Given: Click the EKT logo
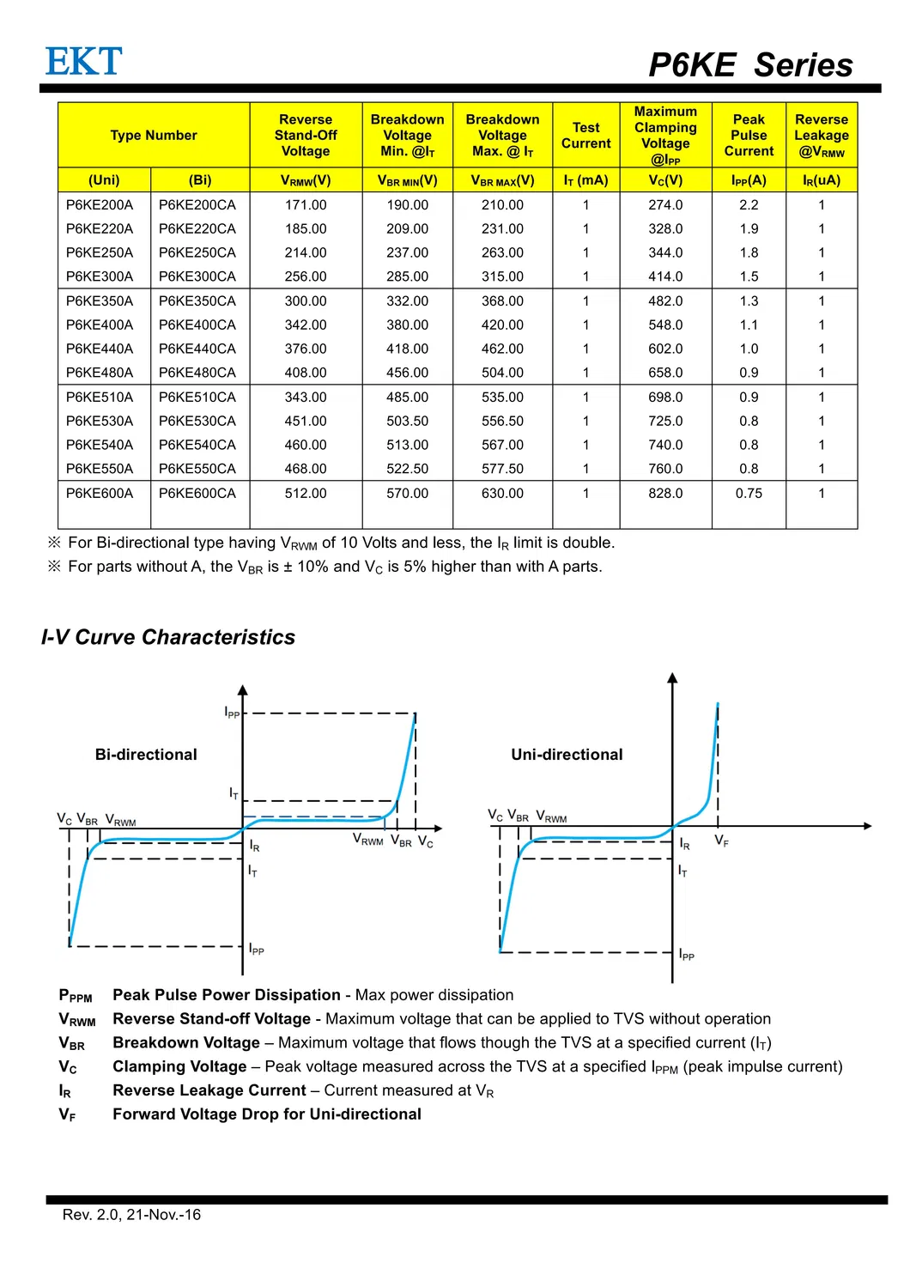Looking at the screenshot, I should pyautogui.click(x=83, y=62).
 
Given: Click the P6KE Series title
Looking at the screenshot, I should pyautogui.click(x=749, y=65).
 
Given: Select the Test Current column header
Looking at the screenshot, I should pyautogui.click(x=585, y=136).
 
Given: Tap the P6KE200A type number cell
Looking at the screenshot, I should pyautogui.click(x=100, y=205).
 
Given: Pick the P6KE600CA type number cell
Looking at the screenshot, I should pyautogui.click(x=197, y=494).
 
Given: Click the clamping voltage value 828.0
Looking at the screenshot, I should pyautogui.click(x=665, y=494).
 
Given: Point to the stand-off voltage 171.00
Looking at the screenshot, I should pyautogui.click(x=306, y=205).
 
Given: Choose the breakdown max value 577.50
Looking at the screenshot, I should pyautogui.click(x=502, y=469).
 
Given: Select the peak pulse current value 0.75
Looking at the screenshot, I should pyautogui.click(x=749, y=494).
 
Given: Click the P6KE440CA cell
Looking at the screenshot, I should pyautogui.click(x=197, y=349).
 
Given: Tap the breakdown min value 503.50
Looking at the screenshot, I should pyautogui.click(x=407, y=421).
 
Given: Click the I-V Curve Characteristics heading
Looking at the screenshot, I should pyautogui.click(x=168, y=637).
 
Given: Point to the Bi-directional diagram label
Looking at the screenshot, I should pyautogui.click(x=146, y=755).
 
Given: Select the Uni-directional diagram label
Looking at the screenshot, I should pyautogui.click(x=567, y=755).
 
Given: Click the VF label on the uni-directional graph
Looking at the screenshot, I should pyautogui.click(x=721, y=841).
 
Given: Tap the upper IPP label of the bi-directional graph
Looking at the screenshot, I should pyautogui.click(x=232, y=713).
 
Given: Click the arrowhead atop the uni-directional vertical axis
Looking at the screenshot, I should pyautogui.click(x=672, y=678).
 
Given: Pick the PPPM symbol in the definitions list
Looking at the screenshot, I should pyautogui.click(x=75, y=996).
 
